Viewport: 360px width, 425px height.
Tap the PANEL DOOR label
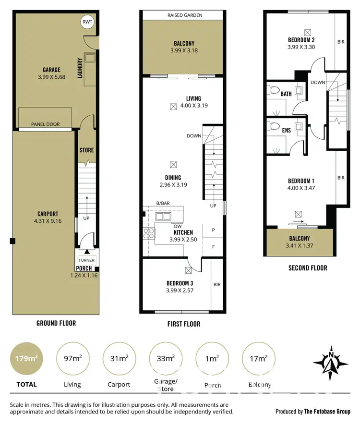(46, 124)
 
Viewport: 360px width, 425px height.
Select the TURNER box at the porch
(87, 260)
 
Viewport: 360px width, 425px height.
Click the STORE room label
(87, 150)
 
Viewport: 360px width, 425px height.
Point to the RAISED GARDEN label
(185, 15)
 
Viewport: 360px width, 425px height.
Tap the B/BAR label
(150, 204)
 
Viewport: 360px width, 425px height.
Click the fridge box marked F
(213, 248)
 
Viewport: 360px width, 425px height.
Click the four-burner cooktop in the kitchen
(149, 233)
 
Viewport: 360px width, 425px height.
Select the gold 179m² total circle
(24, 358)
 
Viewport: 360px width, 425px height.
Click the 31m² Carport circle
(119, 358)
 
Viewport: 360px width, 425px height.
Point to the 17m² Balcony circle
(259, 358)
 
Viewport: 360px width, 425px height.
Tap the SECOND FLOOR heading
(308, 268)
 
